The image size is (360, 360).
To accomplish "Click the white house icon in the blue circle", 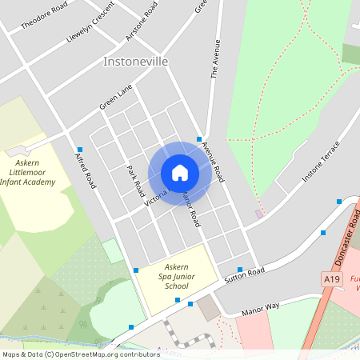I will coord(179,173).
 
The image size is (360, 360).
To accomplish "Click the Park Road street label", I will coord(134,181).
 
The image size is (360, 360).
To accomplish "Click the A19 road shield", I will coord(333,278).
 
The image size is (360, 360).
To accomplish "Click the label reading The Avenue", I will coord(214,59).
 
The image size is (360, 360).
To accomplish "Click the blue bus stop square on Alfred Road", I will coord(80,150).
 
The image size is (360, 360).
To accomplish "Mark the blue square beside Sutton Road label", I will coord(240,269).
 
